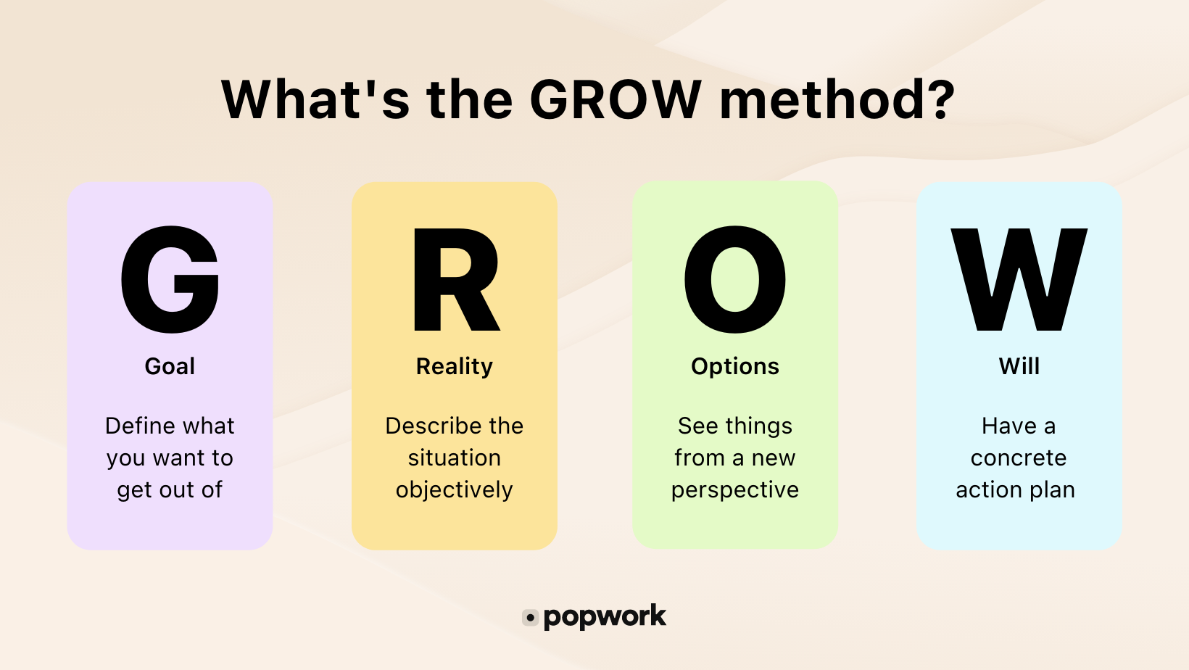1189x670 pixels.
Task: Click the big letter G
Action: [x=170, y=279]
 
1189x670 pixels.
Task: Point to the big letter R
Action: [x=455, y=279]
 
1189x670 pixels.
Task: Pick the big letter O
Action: [x=735, y=279]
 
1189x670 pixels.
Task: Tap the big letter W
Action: [x=1019, y=279]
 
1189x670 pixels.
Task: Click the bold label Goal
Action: [x=170, y=366]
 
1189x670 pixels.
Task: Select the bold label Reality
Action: [x=455, y=367]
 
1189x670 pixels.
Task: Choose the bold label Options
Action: [x=735, y=367]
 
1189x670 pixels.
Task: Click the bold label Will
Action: [x=1019, y=366]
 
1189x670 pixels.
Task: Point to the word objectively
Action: [x=455, y=490]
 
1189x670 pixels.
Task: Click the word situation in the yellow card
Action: [x=455, y=458]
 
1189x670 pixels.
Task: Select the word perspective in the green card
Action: [x=735, y=491]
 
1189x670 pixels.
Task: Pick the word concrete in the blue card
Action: [x=1019, y=458]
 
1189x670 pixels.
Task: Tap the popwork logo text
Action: [x=605, y=617]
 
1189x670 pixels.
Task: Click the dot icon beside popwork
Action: [x=531, y=618]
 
